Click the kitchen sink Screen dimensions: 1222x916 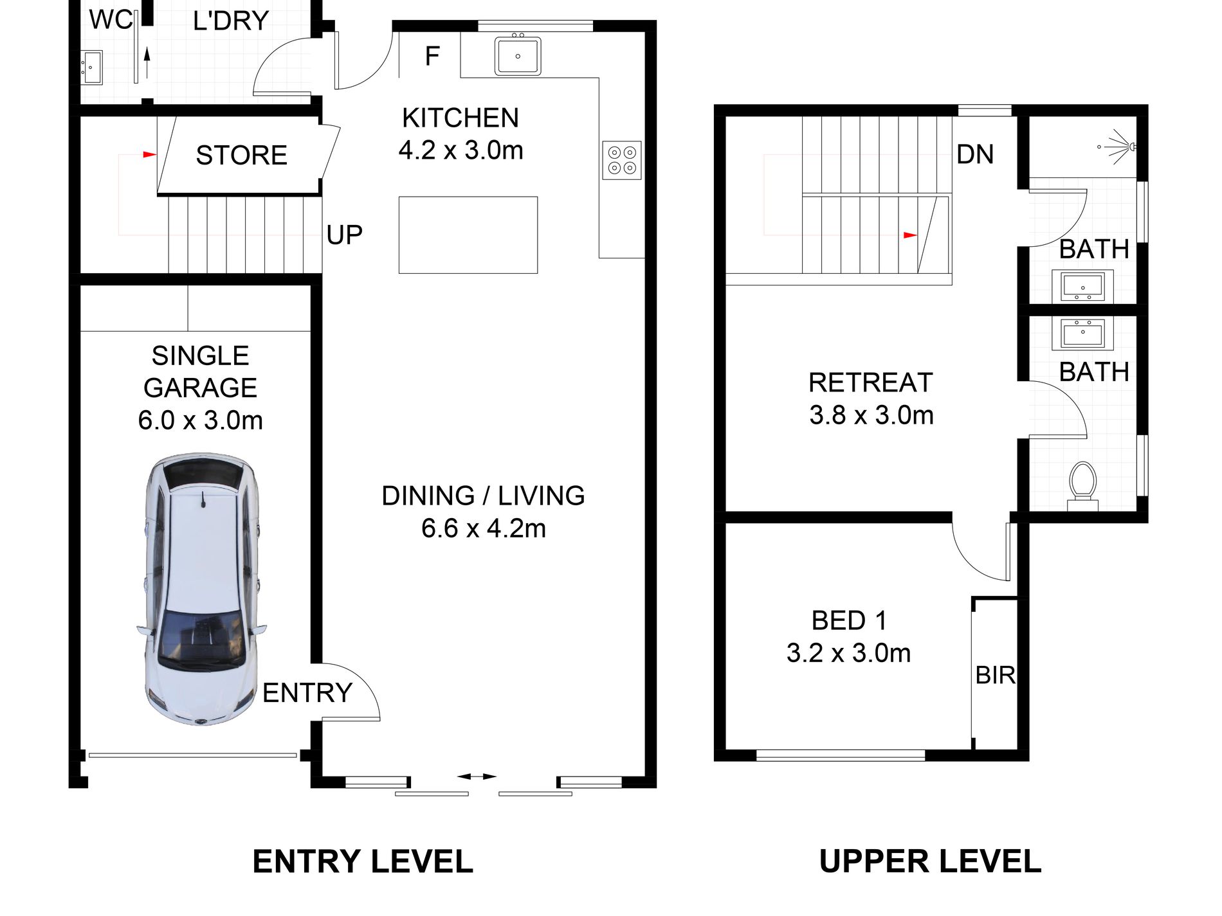518,55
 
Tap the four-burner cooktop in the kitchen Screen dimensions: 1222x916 622,160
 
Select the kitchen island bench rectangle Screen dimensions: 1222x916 468,235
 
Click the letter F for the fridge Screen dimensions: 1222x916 432,57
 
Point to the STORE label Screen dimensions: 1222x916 241,155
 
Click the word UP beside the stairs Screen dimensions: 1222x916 344,235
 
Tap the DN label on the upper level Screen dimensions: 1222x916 975,154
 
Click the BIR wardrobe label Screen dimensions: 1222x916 995,675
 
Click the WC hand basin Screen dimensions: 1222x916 91,67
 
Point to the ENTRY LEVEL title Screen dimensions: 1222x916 363,861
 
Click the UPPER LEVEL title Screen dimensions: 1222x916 930,861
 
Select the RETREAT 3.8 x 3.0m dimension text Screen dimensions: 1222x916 871,415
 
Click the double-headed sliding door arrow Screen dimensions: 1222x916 477,777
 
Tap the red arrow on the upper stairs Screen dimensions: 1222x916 910,235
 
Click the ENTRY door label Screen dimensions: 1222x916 307,693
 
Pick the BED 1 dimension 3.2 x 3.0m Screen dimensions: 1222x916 848,653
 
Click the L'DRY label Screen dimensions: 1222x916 231,21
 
